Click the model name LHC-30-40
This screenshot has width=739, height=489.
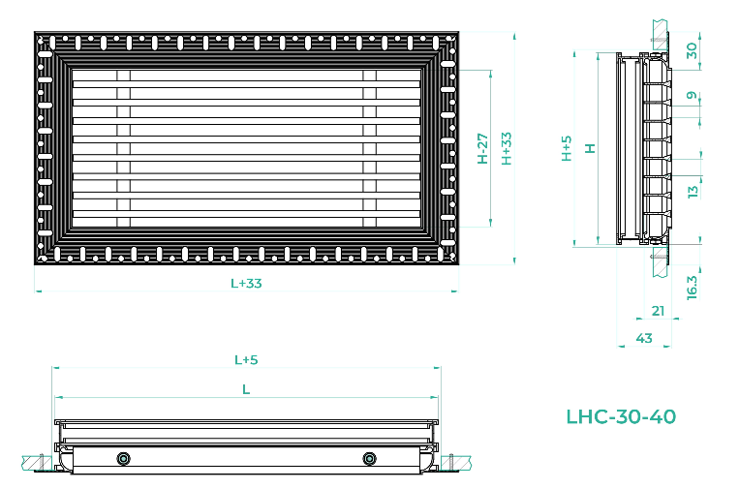point(621,416)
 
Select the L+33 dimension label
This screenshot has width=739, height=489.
point(246,283)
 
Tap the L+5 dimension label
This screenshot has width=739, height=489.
point(246,360)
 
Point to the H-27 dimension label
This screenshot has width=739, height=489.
point(482,148)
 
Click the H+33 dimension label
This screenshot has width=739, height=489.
point(507,148)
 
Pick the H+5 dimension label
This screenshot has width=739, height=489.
point(567,148)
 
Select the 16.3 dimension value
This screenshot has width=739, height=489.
point(692,288)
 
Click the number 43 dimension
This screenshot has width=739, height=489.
point(644,338)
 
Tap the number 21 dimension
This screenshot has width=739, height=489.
point(658,311)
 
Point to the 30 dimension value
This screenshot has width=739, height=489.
point(692,50)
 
